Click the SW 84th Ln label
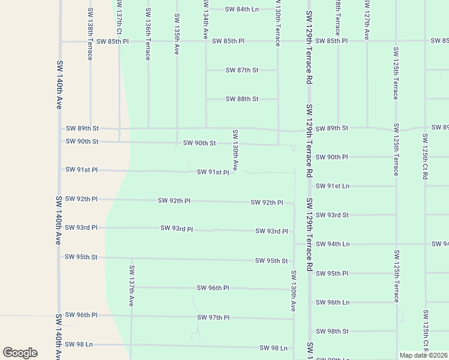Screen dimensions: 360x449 click(242, 9)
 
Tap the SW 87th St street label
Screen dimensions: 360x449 click(242, 70)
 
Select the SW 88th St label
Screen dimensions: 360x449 click(242, 99)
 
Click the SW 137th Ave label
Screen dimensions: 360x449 click(131, 285)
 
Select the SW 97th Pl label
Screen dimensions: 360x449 click(213, 317)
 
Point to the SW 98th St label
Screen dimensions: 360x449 click(332, 331)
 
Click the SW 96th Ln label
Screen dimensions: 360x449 click(332, 302)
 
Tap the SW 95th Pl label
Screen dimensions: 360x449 click(332, 274)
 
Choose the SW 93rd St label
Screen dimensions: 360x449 click(332, 215)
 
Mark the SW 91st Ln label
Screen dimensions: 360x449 click(332, 186)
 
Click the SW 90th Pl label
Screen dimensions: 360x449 click(332, 157)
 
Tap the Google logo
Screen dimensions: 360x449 click(20, 353)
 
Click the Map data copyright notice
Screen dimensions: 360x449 click(424, 355)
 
